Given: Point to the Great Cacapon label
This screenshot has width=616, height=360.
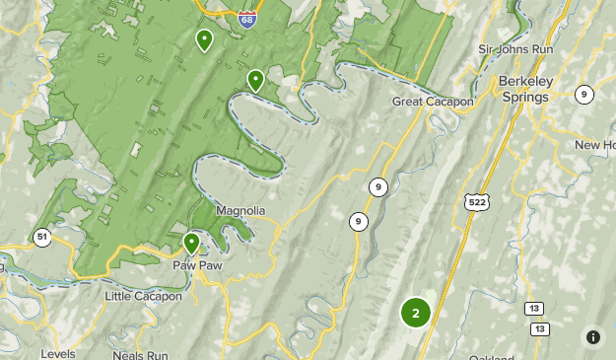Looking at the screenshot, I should pos(433,102).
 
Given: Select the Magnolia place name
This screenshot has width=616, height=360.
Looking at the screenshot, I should pos(241,211).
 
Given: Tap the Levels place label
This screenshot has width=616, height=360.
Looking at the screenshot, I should pos(58,353).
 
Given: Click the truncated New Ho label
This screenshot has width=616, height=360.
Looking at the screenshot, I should pos(594,145).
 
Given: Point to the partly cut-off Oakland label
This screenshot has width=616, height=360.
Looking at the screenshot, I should pos(490,356).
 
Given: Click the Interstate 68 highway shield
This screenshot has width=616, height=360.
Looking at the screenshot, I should pos(247,19).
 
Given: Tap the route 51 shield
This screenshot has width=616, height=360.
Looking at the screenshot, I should pos(41,237).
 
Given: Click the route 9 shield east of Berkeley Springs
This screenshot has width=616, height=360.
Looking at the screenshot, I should pos(585,95).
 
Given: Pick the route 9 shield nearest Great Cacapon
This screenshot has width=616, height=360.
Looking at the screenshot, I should pos(377,186).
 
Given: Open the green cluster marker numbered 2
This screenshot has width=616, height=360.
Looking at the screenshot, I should pos(416,314).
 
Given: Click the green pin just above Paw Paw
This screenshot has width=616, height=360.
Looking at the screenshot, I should pos(192,243).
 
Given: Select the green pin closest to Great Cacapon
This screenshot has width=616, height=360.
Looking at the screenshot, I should pos(255,80).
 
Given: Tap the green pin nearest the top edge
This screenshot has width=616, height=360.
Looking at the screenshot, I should pos(204,40).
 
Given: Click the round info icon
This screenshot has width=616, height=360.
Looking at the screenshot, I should pos(593,336).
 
